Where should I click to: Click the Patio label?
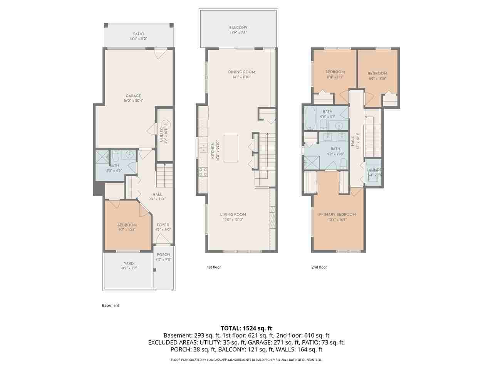pos(138,34)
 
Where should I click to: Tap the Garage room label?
pos(133,96)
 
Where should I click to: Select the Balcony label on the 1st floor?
pos(238,28)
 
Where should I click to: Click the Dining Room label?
pos(241,72)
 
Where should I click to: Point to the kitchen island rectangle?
pos(231,148)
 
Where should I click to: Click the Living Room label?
pos(233,215)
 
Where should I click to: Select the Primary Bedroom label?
pos(337,214)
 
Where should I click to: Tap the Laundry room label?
pos(374,170)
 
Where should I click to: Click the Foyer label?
pos(163,225)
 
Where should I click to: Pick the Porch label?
pos(163,255)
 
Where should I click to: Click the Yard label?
pos(129,264)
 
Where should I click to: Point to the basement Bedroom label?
pos(127,225)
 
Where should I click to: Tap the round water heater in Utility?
pos(167,125)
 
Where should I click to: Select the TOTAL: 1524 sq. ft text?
pos(246,328)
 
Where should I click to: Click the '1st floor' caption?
pos(214,267)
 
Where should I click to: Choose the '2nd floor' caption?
pos(319,267)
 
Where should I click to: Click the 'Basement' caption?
pos(111,306)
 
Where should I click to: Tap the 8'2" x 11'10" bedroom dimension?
pos(377,79)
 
